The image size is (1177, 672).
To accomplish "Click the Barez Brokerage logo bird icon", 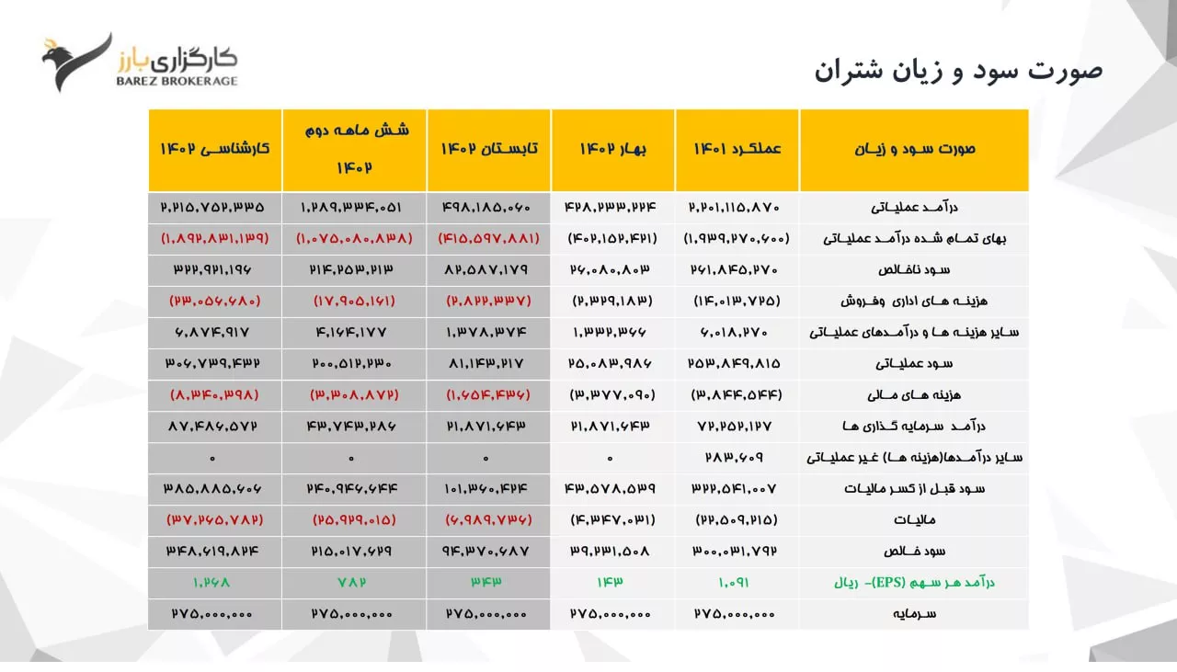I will (x=75, y=62).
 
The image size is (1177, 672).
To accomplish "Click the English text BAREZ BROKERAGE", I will (x=177, y=81).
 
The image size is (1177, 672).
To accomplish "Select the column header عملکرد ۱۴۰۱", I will (x=737, y=149).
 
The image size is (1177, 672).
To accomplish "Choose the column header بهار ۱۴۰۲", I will (x=613, y=149).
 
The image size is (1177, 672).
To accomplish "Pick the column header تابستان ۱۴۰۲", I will (x=488, y=149).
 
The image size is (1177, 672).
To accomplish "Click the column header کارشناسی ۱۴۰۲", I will (x=215, y=149).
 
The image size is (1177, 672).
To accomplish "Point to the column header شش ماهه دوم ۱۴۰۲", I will (x=353, y=149).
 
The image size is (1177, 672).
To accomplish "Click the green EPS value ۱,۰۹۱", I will (x=737, y=582).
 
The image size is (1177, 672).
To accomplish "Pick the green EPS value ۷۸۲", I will (x=353, y=582).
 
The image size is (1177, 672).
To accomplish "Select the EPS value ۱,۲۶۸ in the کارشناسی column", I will (x=215, y=582).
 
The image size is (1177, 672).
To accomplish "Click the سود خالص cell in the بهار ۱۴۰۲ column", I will (x=613, y=551).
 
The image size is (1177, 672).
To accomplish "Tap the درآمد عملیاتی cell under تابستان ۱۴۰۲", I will (x=488, y=207).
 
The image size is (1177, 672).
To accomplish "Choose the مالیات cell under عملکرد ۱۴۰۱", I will (x=737, y=519).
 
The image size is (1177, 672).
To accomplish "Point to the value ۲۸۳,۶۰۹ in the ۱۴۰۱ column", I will (x=737, y=457).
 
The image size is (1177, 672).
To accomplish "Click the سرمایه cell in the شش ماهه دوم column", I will (x=353, y=613).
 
